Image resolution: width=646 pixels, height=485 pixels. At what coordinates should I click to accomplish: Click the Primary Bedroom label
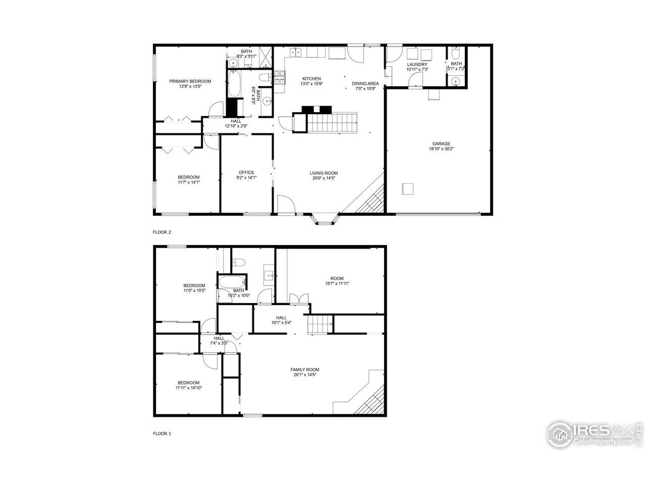click(190, 81)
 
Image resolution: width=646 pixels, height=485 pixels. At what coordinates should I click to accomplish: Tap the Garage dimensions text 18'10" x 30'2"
click(441, 149)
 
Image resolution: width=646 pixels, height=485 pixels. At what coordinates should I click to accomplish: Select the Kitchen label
click(311, 79)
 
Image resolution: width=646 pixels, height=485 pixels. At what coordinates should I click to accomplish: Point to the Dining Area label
click(365, 83)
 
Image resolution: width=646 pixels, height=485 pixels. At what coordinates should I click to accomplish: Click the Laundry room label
click(417, 65)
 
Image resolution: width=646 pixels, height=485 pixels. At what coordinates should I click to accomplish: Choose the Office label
click(246, 172)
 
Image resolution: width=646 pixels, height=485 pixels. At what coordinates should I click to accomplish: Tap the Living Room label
click(324, 173)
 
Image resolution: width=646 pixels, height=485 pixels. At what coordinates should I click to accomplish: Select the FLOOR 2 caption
click(162, 232)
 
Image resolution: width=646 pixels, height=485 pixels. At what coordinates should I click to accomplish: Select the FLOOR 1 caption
click(162, 433)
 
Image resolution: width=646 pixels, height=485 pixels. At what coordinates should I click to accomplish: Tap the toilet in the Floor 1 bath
click(238, 262)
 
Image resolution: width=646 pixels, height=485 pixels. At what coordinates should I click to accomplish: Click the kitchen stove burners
click(280, 79)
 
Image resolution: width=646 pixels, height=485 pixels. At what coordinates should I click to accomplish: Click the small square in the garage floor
click(407, 189)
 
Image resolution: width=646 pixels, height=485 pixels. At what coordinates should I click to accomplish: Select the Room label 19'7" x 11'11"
click(337, 281)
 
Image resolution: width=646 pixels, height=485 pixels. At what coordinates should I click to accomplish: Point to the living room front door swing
click(286, 205)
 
